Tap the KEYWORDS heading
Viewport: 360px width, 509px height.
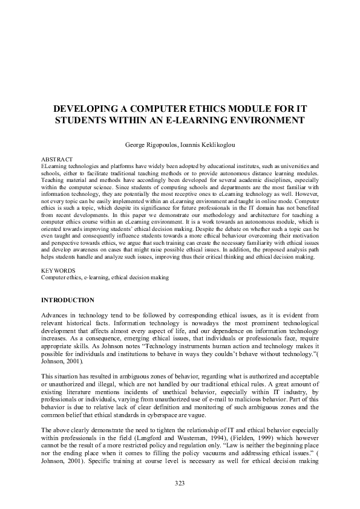click(x=58, y=270)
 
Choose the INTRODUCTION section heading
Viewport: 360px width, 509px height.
click(x=67, y=300)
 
